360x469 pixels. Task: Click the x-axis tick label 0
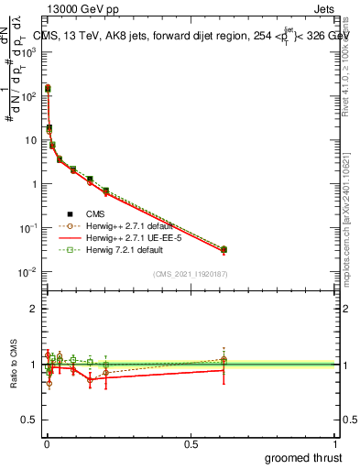click(x=46, y=443)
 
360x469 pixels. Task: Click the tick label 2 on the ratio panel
click(x=35, y=309)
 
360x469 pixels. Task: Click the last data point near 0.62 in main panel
click(x=224, y=249)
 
